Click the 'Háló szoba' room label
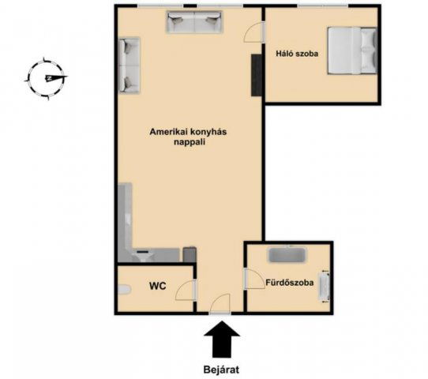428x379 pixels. click(x=297, y=54)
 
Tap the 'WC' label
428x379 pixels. click(x=157, y=286)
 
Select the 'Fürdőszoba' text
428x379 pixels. click(x=290, y=283)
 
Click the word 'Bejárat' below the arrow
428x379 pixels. click(x=221, y=370)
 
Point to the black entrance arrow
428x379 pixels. click(x=222, y=340)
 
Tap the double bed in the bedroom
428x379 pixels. click(x=353, y=51)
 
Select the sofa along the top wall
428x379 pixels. click(x=194, y=22)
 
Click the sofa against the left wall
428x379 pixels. click(x=129, y=66)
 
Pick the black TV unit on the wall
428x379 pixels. click(x=257, y=75)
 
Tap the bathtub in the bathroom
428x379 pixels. click(x=287, y=255)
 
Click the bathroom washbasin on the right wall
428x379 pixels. click(x=325, y=287)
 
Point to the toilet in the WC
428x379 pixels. click(x=125, y=290)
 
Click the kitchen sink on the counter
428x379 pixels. click(x=143, y=255)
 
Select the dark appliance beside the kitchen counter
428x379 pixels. click(x=190, y=254)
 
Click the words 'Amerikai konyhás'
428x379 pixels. click(x=188, y=132)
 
